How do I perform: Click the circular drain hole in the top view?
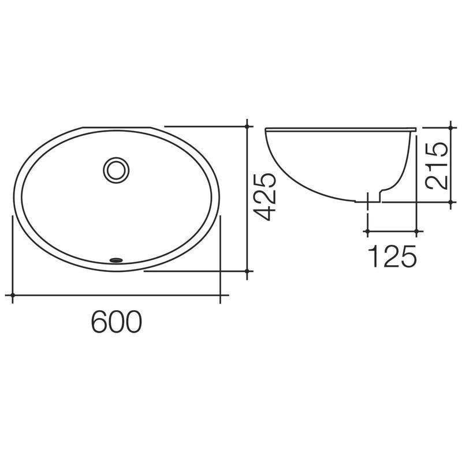coord(117,170)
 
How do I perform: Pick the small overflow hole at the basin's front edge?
coord(117,260)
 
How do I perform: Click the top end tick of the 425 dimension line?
coord(247,126)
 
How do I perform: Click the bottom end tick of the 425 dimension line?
coord(247,270)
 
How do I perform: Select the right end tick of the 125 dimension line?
coord(417,231)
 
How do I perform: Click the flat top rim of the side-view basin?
coord(341,128)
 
